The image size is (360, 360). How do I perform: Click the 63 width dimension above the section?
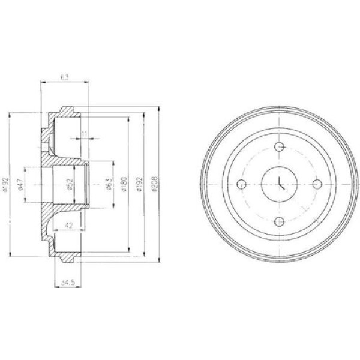(x=65, y=77)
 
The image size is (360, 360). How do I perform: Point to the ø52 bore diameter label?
(x=70, y=184)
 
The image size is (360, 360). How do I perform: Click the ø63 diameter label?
(x=110, y=184)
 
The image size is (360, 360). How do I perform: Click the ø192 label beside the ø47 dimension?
(x=5, y=184)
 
